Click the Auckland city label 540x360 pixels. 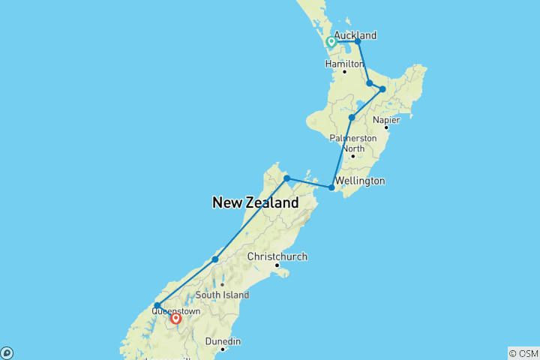point(355,35)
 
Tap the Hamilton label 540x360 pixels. point(344,64)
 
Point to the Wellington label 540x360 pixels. point(360,181)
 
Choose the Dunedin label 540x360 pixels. point(223,341)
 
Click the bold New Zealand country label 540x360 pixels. point(255,202)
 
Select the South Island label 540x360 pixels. point(222,295)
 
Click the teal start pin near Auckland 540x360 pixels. point(331,43)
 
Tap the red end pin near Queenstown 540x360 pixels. point(175,319)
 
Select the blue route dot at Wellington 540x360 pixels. point(331,187)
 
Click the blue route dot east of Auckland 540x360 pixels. point(358,41)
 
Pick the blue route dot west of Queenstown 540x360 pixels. point(157,305)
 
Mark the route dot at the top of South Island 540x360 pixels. point(286,178)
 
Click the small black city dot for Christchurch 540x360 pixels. point(277,265)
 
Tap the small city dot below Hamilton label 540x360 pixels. point(344,72)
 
